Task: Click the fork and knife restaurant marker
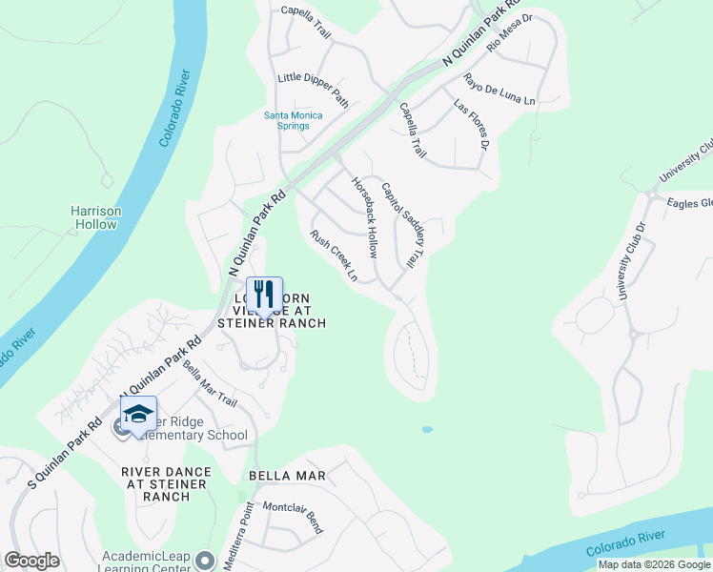click(264, 293)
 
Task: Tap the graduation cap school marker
click(138, 416)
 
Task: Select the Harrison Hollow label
click(95, 217)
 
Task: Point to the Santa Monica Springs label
click(293, 120)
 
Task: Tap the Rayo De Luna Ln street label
click(499, 90)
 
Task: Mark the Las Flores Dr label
click(471, 124)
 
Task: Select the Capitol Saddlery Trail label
click(400, 224)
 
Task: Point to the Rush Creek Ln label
click(334, 255)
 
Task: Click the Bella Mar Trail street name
click(209, 381)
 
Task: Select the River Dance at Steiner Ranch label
click(164, 483)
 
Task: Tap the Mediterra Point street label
click(236, 540)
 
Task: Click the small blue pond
click(426, 429)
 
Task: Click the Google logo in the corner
click(32, 561)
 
